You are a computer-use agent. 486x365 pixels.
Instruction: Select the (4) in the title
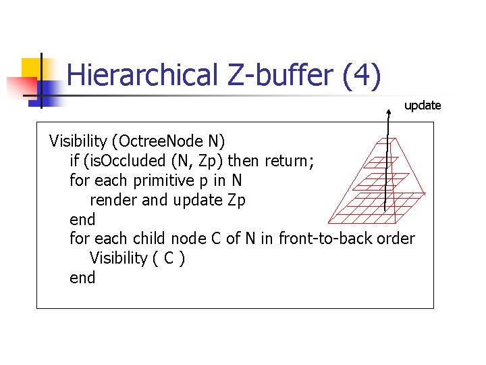click(362, 76)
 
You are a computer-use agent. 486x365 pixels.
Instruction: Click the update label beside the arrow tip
click(423, 105)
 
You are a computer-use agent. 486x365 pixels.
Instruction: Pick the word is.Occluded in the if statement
click(131, 161)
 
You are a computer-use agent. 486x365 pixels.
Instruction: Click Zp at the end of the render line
click(236, 200)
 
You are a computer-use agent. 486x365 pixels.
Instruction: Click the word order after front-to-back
click(398, 239)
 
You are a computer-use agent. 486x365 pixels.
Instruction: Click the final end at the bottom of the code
click(82, 278)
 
